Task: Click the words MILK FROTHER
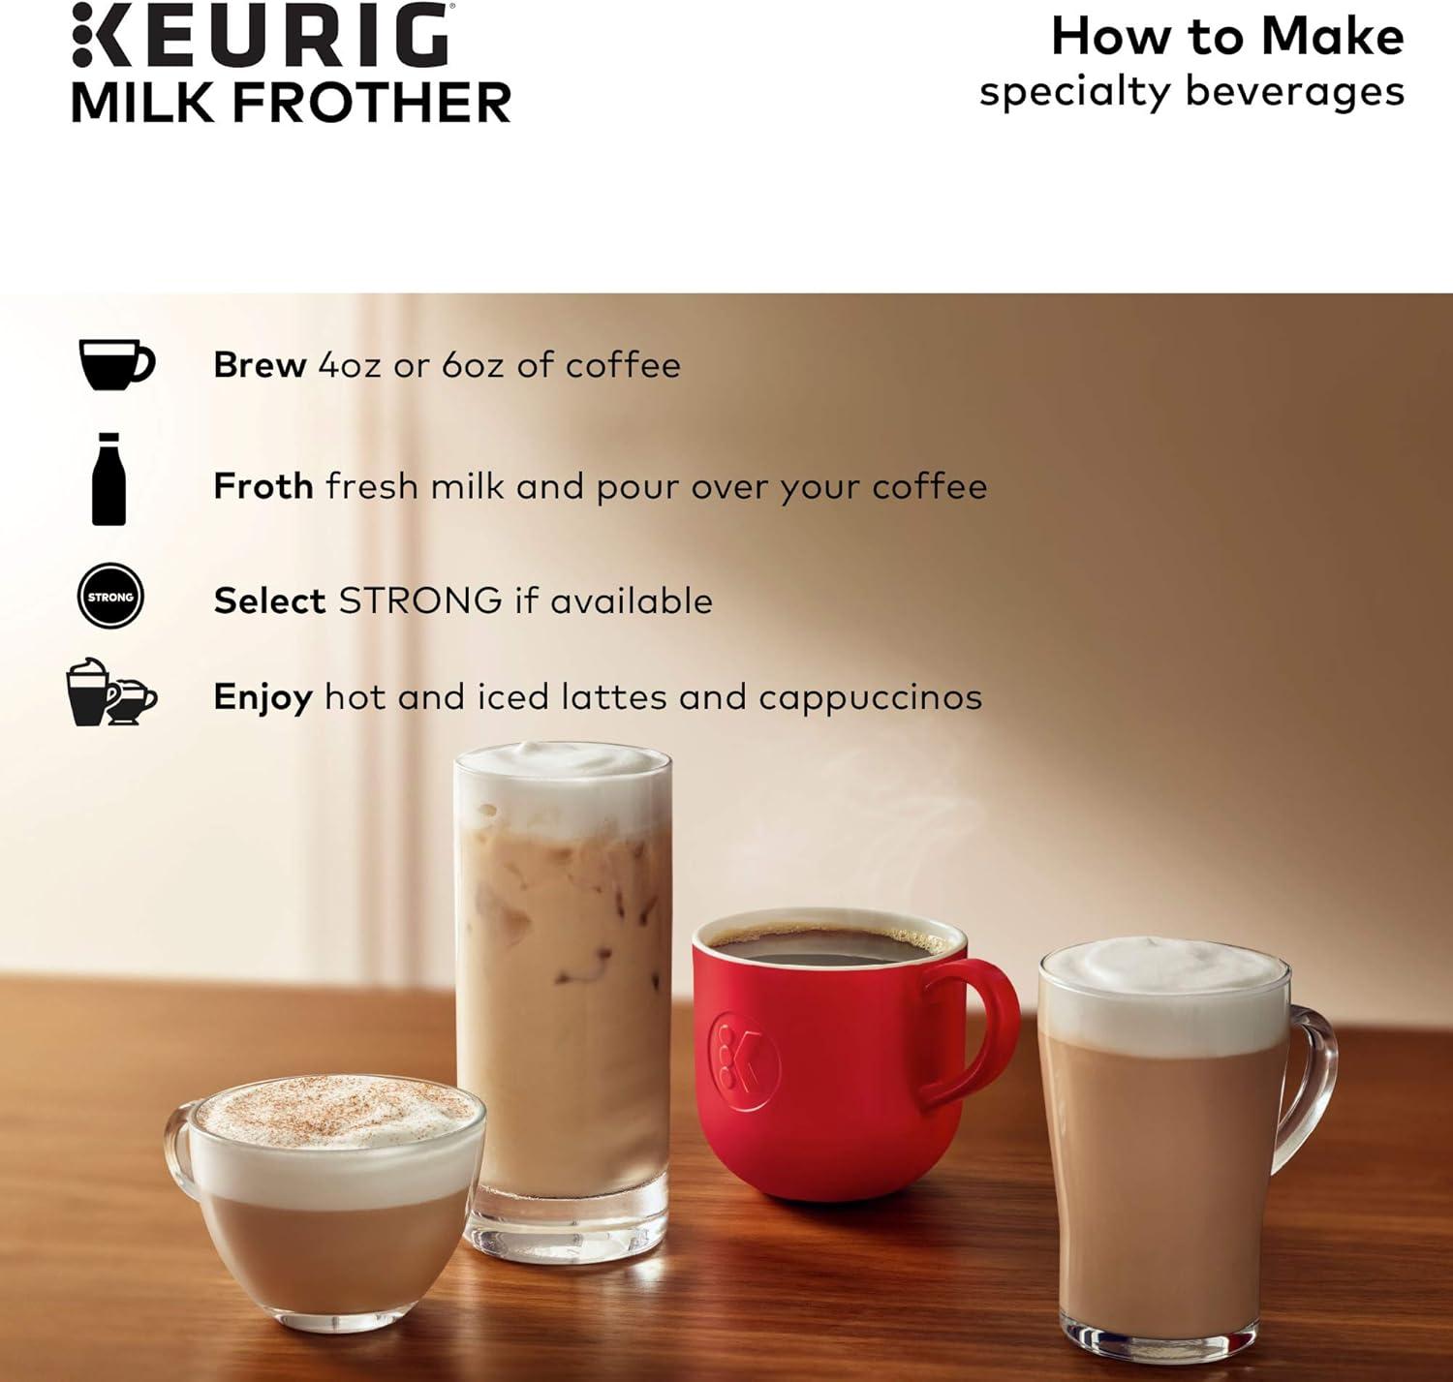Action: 292,102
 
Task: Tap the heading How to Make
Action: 1227,36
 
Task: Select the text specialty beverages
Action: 1191,93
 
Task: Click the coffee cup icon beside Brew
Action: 117,364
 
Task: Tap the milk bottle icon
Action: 108,478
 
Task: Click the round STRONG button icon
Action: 110,596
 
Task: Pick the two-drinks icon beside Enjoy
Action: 111,691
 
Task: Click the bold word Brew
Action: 261,364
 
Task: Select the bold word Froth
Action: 263,485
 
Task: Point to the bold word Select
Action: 269,600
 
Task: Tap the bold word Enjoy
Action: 263,698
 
